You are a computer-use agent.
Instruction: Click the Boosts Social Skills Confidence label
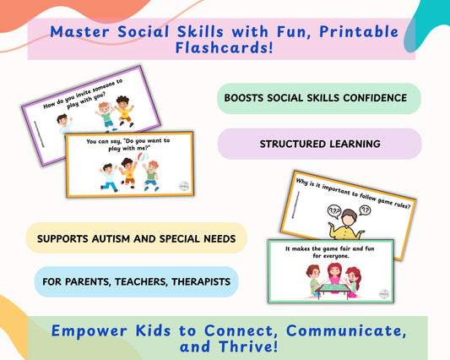point(316,98)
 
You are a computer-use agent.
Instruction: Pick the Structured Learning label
point(319,144)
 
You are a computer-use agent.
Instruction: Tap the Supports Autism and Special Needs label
point(136,238)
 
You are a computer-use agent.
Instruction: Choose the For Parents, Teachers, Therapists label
point(137,281)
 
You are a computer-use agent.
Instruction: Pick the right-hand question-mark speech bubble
point(366,208)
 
